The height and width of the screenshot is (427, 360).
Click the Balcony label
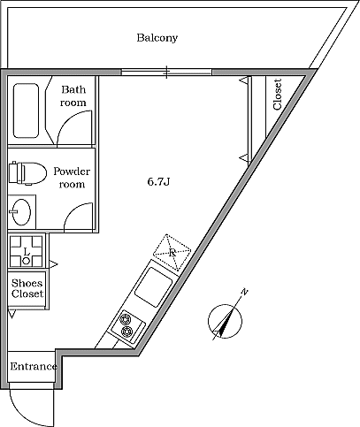pos(157,38)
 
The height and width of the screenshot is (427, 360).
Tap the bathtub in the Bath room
pos(26,111)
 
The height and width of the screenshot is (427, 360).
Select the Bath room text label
pos(73,95)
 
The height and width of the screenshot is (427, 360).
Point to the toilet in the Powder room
pos(27,173)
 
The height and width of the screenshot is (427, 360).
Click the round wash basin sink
pos(21,212)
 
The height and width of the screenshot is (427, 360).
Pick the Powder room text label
pos(72,178)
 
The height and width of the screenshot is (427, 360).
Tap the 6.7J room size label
pos(158,182)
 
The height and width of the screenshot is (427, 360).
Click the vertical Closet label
pos(278,95)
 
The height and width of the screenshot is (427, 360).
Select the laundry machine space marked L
pos(26,251)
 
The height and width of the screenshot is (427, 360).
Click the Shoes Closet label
pos(27,288)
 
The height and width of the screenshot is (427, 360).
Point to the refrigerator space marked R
pos(172,252)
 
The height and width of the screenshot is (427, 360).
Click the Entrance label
pos(34,367)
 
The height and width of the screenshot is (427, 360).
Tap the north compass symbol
pos(226,319)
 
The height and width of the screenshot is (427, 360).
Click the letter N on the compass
pos(244,293)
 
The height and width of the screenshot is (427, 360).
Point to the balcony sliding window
pos(166,72)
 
